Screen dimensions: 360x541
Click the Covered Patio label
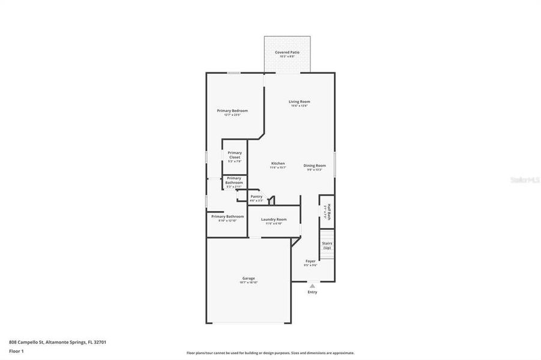(x=287, y=53)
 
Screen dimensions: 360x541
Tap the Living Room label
(x=300, y=102)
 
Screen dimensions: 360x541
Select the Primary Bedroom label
(x=232, y=111)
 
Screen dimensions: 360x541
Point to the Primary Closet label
(x=235, y=155)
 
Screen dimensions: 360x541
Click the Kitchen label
(x=278, y=164)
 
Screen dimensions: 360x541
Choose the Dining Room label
(x=315, y=166)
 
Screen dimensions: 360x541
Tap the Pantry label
(x=256, y=197)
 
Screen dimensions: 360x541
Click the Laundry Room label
(x=274, y=220)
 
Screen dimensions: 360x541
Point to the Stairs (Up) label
(x=327, y=245)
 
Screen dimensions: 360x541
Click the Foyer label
(x=310, y=261)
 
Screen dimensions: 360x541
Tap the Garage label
(x=249, y=278)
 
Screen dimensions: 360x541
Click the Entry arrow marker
(x=312, y=286)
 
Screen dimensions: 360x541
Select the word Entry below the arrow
(x=312, y=292)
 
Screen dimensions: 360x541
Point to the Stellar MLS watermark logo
(x=524, y=179)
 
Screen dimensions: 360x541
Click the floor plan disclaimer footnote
(x=270, y=353)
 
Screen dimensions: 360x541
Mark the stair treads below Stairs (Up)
(x=327, y=255)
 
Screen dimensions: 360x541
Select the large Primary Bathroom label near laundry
(x=227, y=217)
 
